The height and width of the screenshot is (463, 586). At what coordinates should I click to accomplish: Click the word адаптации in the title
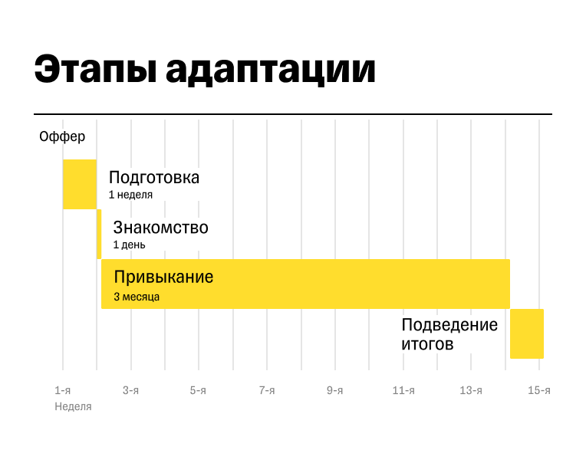click(271, 71)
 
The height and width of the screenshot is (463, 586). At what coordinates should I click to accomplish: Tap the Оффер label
click(62, 137)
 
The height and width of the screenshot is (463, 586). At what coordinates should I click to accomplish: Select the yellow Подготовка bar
click(80, 184)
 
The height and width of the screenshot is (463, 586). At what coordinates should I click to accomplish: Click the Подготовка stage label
click(154, 178)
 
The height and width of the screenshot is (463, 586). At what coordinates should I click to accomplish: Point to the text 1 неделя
click(130, 195)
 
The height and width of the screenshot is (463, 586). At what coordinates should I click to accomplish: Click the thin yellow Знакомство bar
click(99, 234)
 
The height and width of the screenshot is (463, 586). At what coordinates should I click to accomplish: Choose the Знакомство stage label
click(160, 228)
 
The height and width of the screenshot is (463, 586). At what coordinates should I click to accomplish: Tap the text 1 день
click(129, 245)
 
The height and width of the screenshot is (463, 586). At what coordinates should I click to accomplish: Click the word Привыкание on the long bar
click(163, 277)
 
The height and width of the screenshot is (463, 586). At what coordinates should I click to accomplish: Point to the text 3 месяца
click(137, 297)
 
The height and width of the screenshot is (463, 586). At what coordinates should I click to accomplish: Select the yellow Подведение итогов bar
click(527, 333)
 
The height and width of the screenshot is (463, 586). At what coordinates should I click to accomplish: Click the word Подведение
click(449, 325)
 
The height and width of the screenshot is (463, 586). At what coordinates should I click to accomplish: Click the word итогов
click(427, 344)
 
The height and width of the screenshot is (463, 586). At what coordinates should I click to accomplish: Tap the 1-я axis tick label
click(63, 391)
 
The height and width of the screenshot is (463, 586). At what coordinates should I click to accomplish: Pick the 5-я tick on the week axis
click(199, 391)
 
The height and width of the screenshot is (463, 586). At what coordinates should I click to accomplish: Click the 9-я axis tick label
click(335, 391)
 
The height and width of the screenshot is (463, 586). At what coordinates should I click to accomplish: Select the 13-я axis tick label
click(471, 391)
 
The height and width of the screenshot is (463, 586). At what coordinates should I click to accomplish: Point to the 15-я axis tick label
click(539, 391)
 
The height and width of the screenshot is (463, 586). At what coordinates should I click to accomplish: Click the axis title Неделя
click(73, 407)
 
